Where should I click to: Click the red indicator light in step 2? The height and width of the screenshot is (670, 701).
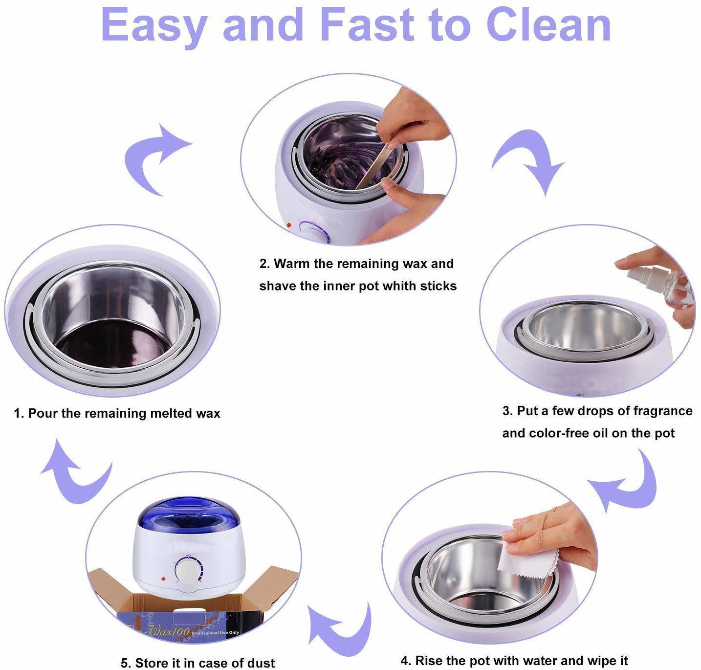pyautogui.click(x=289, y=225)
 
